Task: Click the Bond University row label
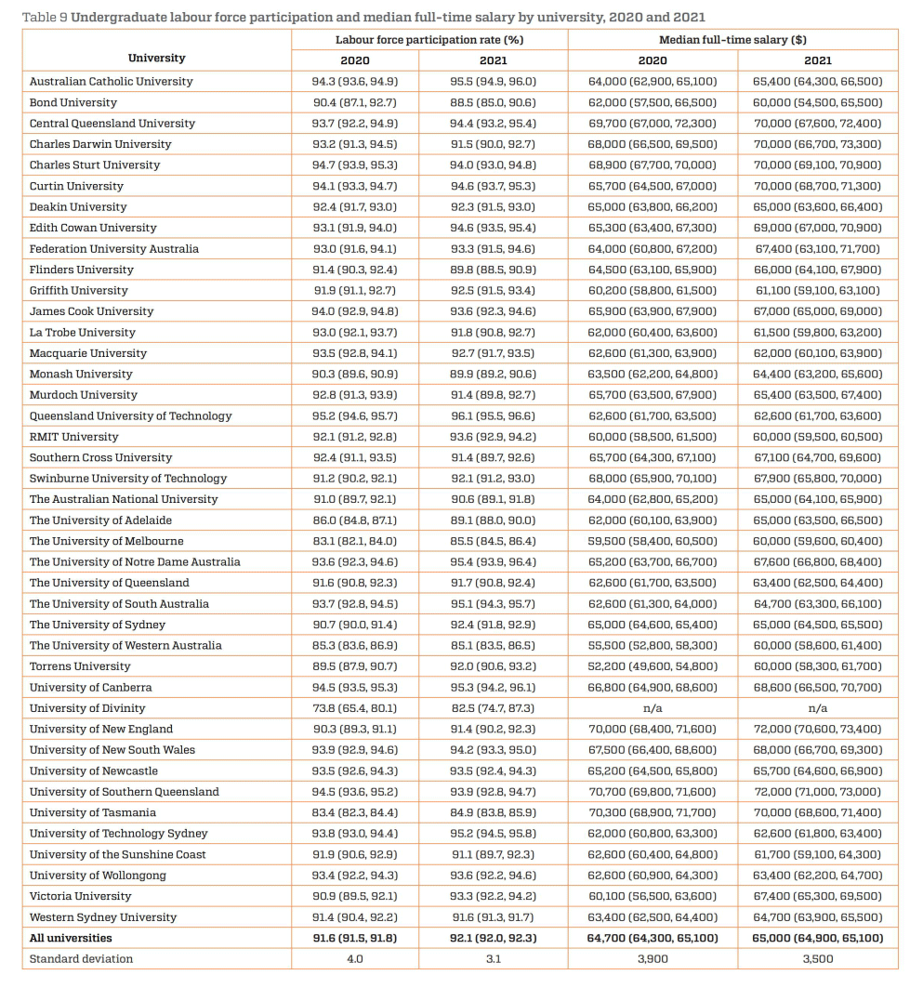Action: [73, 102]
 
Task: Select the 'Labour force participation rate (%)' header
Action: [429, 40]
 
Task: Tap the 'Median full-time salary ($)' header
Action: [732, 40]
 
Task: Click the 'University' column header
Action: [156, 58]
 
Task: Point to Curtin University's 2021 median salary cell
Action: [817, 186]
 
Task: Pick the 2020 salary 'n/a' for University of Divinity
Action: [653, 708]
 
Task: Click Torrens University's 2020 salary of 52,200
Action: [653, 666]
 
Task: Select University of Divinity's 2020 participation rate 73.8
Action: [354, 708]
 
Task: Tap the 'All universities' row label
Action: [71, 938]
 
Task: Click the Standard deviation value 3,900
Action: [653, 959]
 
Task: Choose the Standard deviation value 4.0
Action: [354, 959]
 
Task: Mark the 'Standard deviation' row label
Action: [81, 959]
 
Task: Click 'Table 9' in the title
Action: [44, 17]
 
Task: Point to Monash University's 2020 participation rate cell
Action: [354, 374]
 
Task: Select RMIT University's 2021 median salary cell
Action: [817, 437]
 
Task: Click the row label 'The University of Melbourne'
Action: [106, 541]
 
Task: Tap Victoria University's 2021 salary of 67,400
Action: [817, 896]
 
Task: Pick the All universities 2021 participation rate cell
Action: [493, 938]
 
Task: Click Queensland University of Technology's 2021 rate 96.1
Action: [493, 415]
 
